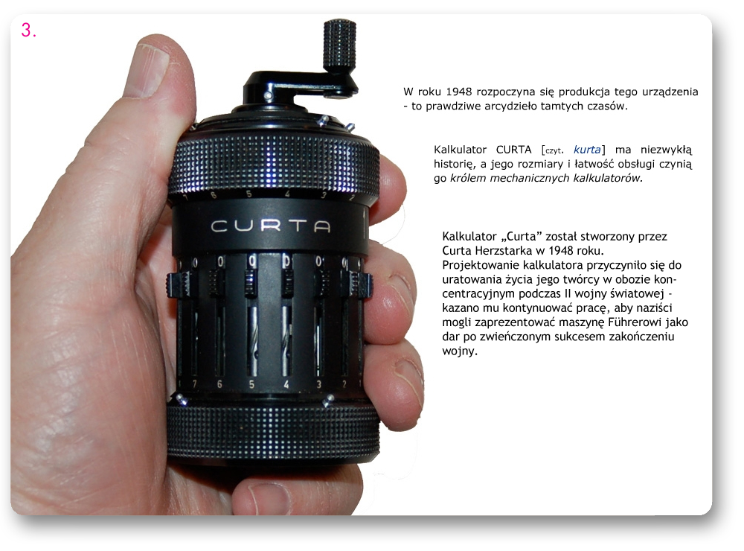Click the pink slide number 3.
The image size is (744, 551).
[x=28, y=31]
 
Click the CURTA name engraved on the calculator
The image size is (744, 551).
[x=271, y=226]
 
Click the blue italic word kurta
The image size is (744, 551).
[x=587, y=150]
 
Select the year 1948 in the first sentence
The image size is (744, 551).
[x=459, y=91]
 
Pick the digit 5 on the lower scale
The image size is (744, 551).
[x=251, y=384]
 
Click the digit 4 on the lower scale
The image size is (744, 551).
[x=286, y=384]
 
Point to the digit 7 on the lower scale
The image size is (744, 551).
[x=194, y=383]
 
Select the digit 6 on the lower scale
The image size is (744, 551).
[x=219, y=383]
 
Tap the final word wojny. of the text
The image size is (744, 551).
[x=459, y=351]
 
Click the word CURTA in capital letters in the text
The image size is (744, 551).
[x=513, y=150]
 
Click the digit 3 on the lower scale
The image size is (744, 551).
[x=319, y=384]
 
